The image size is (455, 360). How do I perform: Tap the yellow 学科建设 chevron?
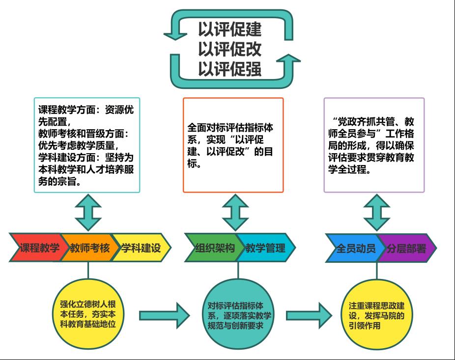tap(142, 248)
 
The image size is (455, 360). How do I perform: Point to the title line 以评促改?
tap(230, 50)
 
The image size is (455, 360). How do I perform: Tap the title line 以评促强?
tap(230, 69)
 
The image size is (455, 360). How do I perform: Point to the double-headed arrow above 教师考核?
tap(87, 213)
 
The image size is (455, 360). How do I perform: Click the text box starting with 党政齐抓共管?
tap(374, 145)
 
